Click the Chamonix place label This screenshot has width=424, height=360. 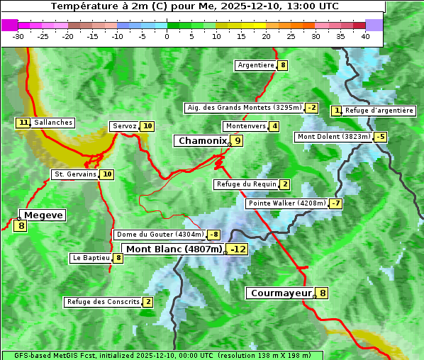[202, 141]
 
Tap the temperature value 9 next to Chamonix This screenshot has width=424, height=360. [238, 141]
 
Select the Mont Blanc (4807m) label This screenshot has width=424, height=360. [174, 249]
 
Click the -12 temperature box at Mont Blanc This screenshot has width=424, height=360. [238, 249]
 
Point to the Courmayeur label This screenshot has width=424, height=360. [281, 293]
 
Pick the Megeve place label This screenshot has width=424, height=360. [43, 215]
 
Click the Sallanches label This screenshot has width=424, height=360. [52, 123]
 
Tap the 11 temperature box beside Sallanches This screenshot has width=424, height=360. [23, 123]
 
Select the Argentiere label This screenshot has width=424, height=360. [256, 65]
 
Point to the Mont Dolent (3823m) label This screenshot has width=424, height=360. [333, 137]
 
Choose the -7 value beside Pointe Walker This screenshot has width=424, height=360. [335, 203]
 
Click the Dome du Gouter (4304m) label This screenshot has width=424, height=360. [160, 235]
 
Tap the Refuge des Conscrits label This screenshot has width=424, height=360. [103, 302]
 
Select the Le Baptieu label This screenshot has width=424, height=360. [91, 258]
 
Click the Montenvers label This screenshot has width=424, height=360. [245, 126]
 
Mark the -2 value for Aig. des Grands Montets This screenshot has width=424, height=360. [311, 108]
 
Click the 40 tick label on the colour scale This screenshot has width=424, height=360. [365, 36]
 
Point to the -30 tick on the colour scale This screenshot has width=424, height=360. [18, 36]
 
